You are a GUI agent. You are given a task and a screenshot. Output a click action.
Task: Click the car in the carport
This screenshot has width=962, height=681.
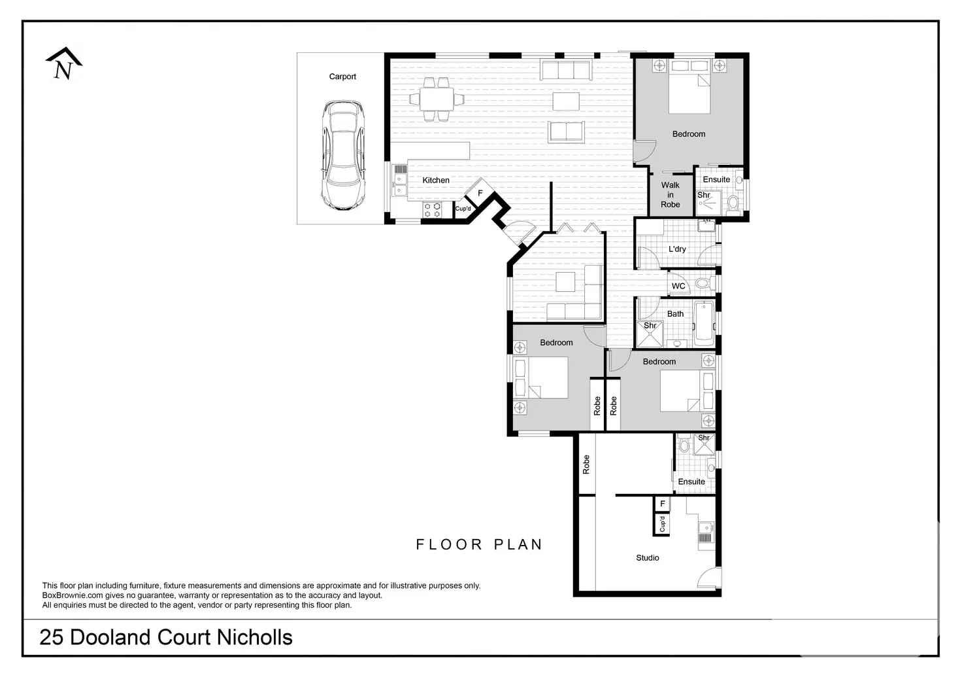[x=343, y=155]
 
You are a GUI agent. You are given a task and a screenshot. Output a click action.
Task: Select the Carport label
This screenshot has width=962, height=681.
[x=342, y=77]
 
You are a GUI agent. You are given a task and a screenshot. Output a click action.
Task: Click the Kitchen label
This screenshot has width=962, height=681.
[x=435, y=180]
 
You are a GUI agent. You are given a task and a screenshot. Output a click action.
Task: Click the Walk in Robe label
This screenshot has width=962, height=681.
[x=670, y=195]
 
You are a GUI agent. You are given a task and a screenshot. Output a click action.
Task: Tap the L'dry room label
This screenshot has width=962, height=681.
[x=677, y=249]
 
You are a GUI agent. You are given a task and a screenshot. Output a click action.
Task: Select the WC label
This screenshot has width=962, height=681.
[x=678, y=286]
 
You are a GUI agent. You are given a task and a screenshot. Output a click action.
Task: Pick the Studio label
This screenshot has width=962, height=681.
[x=647, y=558]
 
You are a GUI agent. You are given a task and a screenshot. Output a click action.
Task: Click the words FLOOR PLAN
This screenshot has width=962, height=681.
[x=479, y=544]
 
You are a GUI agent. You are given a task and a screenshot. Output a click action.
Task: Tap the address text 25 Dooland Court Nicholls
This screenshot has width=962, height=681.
[x=166, y=637]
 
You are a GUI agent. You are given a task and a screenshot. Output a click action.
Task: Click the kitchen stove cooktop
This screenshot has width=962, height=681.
[x=432, y=210]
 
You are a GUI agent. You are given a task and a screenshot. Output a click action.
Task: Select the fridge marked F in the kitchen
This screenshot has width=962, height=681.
[x=480, y=194]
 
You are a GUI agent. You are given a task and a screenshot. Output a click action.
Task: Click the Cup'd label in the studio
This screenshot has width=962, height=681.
[x=662, y=524]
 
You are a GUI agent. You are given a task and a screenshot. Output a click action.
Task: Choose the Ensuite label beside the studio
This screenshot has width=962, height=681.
[x=691, y=481]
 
